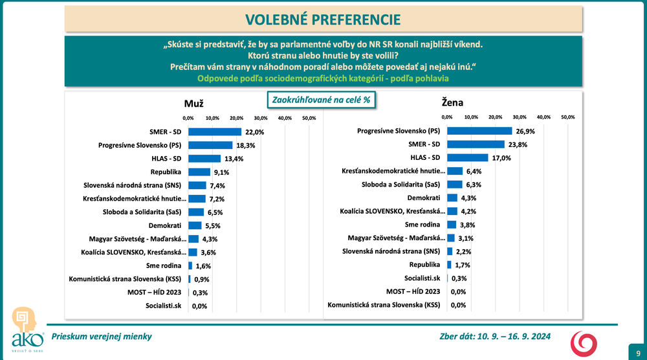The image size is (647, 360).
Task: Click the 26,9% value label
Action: [525, 131]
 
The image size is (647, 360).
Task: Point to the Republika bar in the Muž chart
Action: [199, 172]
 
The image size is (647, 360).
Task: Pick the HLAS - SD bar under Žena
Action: [467, 157]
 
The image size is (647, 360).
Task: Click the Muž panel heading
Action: [193, 102]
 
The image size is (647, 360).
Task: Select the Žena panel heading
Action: [453, 102]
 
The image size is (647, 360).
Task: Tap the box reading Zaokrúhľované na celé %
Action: [321, 100]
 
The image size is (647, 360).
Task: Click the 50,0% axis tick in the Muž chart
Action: [309, 118]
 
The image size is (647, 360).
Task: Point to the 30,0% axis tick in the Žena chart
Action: [520, 117]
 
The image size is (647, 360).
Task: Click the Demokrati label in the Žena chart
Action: [424, 197]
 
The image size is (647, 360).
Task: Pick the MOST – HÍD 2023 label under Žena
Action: [413, 291]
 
